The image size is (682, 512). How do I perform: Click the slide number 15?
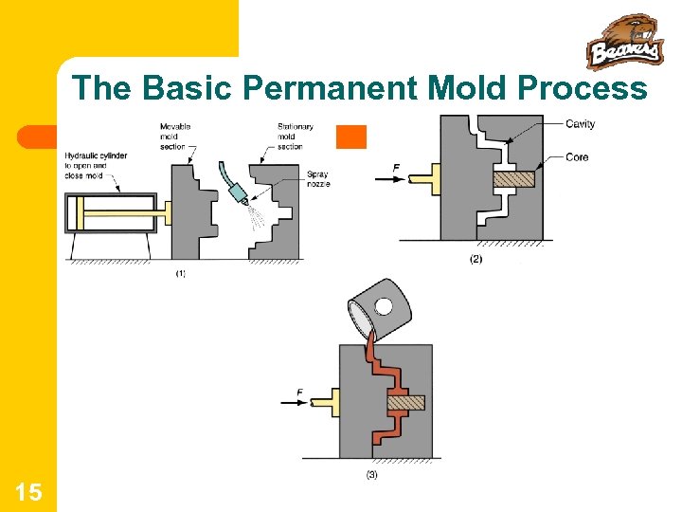pyautogui.click(x=28, y=491)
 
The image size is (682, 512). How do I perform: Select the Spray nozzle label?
pyautogui.click(x=317, y=178)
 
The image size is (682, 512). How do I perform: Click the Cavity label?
pyautogui.click(x=581, y=124)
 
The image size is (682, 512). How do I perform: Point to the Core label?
pyautogui.click(x=578, y=156)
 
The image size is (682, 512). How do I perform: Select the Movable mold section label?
pyautogui.click(x=174, y=137)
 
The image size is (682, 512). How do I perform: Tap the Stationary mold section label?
pyautogui.click(x=296, y=137)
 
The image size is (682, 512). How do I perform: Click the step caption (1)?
pyautogui.click(x=180, y=274)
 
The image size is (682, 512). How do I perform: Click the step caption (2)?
pyautogui.click(x=476, y=259)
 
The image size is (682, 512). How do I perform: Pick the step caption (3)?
pyautogui.click(x=370, y=475)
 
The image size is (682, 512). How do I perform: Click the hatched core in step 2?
pyautogui.click(x=513, y=177)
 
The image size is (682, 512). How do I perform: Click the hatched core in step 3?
pyautogui.click(x=404, y=402)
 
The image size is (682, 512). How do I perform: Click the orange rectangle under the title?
pyautogui.click(x=351, y=137)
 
